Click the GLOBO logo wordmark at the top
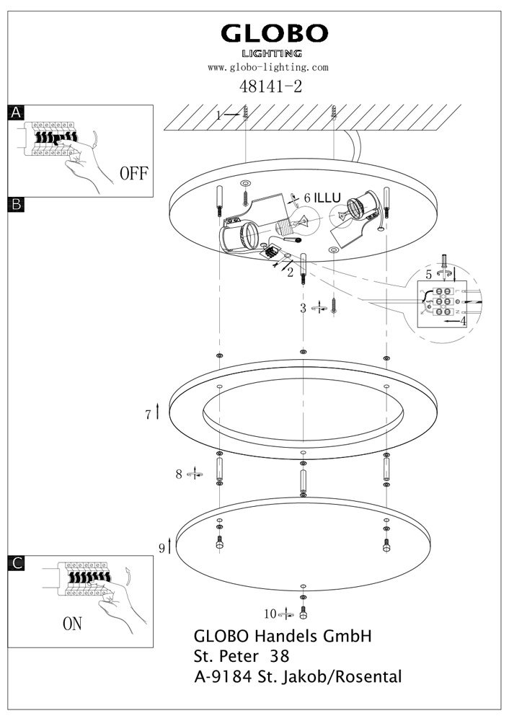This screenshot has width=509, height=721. point(274,33)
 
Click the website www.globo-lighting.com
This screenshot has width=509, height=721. point(267,66)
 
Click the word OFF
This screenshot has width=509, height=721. point(133,174)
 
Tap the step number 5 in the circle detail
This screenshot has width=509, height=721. point(428,275)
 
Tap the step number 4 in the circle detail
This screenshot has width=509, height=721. point(463,321)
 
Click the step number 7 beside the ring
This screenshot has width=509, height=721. point(148,415)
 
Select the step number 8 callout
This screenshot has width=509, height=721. point(179,474)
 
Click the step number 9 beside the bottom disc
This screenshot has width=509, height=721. point(161,548)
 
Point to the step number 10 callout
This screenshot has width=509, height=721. point(270,614)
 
